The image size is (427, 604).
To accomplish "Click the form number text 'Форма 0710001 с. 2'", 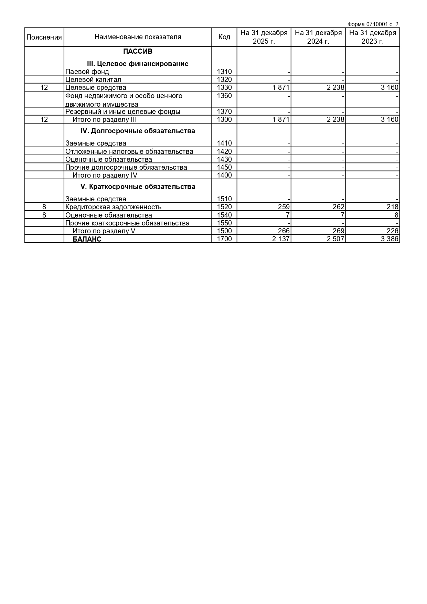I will [373, 24].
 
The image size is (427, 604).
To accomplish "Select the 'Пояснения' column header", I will [44, 37].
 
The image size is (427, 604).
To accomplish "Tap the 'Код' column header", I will [224, 37].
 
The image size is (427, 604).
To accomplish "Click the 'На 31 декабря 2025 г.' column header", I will [264, 37].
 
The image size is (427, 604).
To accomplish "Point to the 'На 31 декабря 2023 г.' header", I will [373, 37].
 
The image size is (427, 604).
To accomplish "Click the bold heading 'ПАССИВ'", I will [138, 52].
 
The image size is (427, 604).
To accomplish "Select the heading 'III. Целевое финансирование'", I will [138, 64].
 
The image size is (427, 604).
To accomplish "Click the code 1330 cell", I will [224, 87].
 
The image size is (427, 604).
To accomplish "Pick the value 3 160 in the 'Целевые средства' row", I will [389, 87].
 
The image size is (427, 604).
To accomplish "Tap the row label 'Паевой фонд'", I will [87, 72].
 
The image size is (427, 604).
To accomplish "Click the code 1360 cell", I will [224, 96].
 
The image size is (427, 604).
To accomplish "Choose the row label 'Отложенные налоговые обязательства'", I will [129, 151].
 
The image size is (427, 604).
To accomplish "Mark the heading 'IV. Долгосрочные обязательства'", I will [138, 131].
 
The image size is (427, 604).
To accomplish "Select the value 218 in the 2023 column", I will [392, 207].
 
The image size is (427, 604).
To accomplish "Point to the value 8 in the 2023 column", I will [396, 215].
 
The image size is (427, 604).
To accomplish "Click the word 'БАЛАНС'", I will [87, 239].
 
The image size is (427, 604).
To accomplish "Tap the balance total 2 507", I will [335, 239].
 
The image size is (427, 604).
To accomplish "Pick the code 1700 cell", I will [224, 239].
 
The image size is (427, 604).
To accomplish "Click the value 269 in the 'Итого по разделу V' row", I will [338, 231].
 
